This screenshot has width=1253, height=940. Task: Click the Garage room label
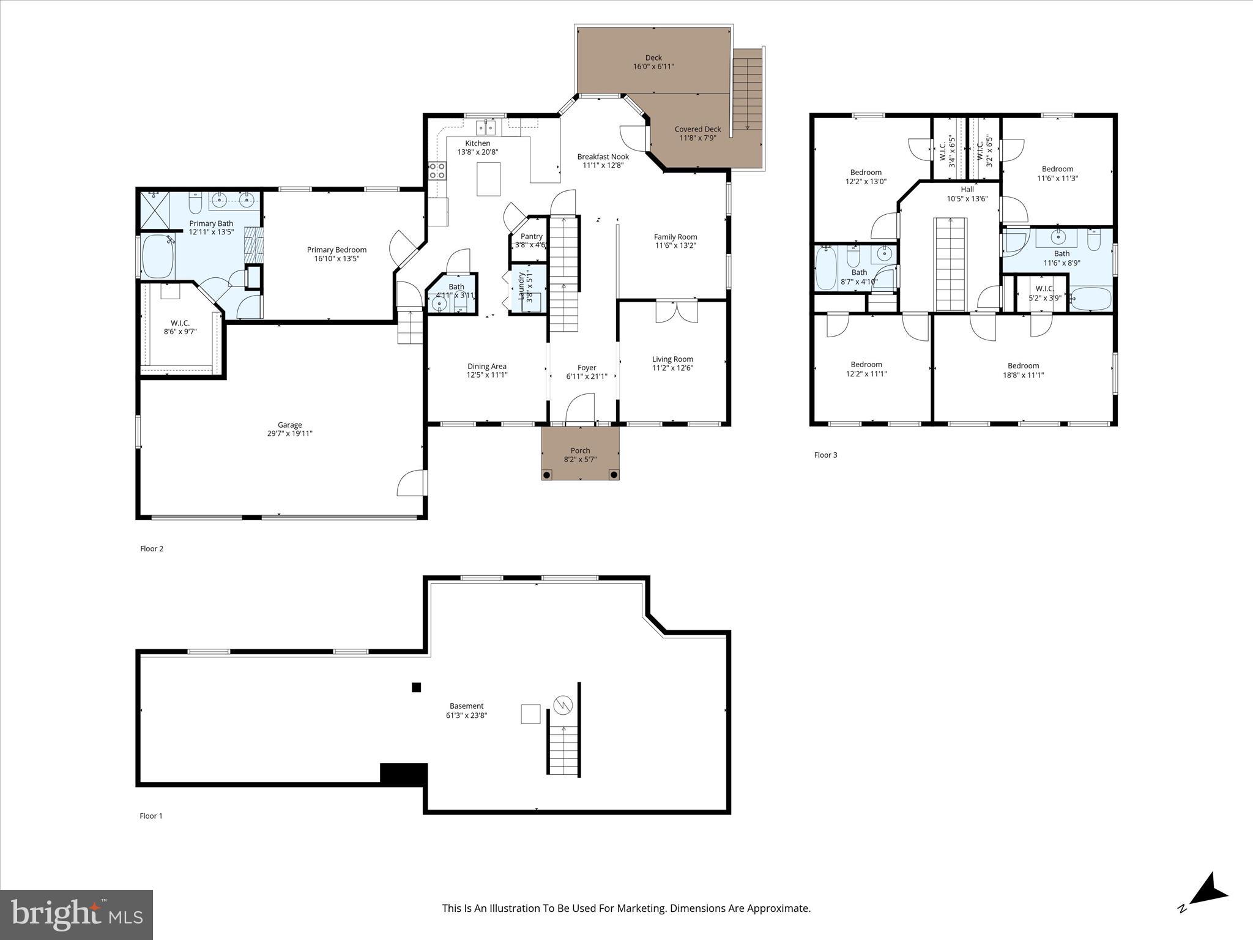289,425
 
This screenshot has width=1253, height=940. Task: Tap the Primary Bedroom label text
336,250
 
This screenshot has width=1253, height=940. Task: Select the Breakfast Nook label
603,157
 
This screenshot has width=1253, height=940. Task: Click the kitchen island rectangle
488,179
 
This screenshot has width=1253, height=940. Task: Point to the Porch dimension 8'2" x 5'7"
580,460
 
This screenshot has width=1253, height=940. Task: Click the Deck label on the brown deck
653,58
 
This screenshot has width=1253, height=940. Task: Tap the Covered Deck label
697,129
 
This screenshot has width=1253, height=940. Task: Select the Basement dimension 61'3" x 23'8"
466,715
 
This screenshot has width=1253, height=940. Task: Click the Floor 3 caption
825,455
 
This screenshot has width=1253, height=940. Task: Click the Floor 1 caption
151,816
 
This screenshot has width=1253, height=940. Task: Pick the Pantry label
531,236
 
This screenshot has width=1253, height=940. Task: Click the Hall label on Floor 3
967,190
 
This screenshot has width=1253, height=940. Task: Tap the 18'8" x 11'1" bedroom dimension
1023,375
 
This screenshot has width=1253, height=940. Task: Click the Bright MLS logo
76,914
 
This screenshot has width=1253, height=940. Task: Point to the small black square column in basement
416,687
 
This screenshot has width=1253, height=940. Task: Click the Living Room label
672,359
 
